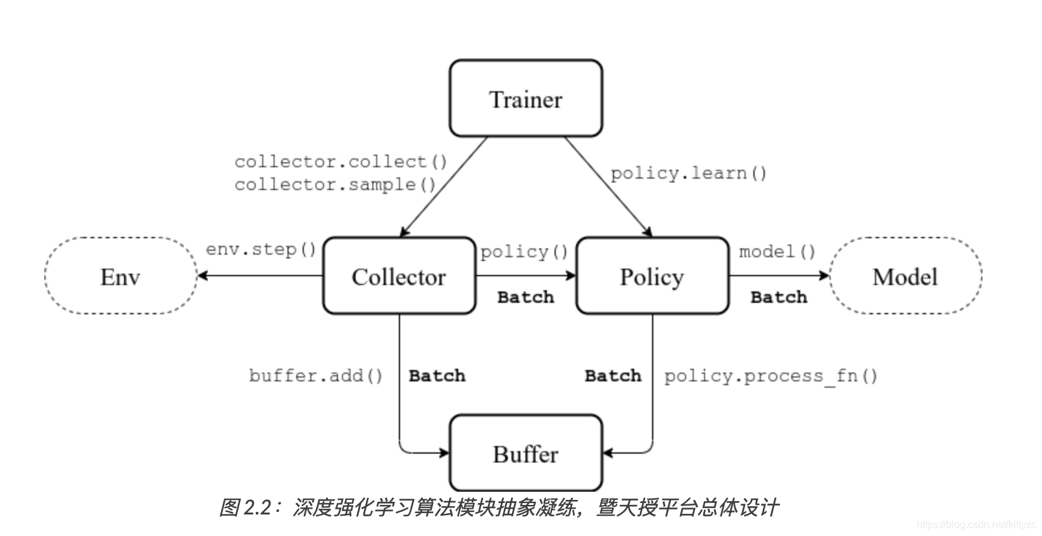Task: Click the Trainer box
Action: [x=525, y=99]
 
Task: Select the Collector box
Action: [x=399, y=276]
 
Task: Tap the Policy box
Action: [x=652, y=276]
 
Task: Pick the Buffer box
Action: [x=525, y=453]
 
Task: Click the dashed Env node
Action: [x=120, y=276]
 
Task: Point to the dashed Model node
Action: [x=905, y=276]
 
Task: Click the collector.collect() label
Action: [x=341, y=162]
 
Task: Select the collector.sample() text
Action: [x=335, y=185]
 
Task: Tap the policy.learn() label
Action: [x=688, y=174]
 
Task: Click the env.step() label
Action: [x=261, y=249]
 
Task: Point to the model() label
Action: [x=777, y=252]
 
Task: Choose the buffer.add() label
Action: [x=316, y=376]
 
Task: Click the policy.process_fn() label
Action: [x=770, y=376]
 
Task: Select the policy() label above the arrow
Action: [x=524, y=252]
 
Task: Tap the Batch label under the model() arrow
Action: [x=779, y=297]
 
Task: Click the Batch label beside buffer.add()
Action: [x=437, y=376]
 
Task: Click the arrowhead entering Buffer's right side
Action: [x=608, y=453]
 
